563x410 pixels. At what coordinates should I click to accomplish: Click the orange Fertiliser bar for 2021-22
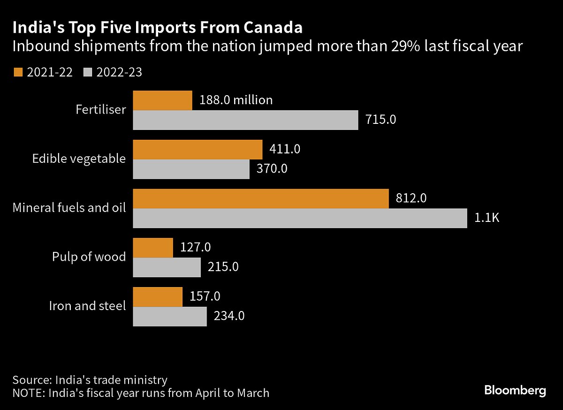163,100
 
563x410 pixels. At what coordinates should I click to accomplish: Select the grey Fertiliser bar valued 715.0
245,120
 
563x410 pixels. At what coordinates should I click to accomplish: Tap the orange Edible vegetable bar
198,149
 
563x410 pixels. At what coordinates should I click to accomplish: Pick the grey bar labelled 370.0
191,169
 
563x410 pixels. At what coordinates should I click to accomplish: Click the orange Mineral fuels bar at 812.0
261,198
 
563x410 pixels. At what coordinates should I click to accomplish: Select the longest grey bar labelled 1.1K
300,218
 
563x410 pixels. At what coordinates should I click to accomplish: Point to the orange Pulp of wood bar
153,248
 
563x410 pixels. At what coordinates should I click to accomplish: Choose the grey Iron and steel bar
170,316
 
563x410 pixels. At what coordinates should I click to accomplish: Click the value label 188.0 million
236,100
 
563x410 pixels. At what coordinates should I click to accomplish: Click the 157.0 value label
205,296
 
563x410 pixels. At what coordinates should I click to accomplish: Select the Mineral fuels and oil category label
69,207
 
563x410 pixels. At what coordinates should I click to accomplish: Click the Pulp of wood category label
89,257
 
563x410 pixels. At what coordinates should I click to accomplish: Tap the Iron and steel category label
88,306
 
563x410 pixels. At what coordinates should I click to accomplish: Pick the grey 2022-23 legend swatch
89,72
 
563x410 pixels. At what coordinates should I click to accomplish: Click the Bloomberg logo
515,390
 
